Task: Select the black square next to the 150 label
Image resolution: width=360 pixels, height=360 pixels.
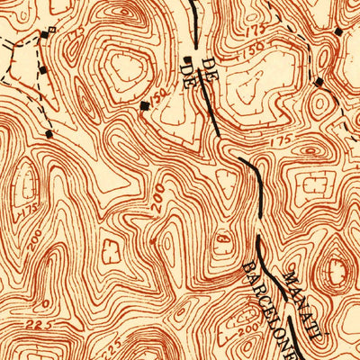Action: click(145, 106)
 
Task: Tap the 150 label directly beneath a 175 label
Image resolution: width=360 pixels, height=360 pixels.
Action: click(253, 48)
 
